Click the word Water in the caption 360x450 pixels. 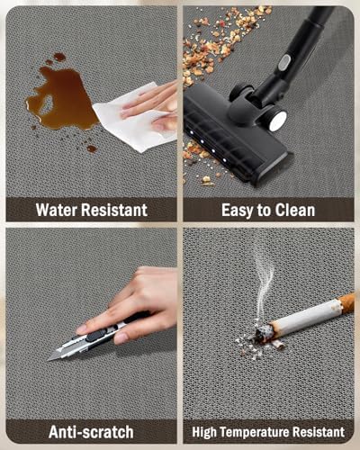[57, 210]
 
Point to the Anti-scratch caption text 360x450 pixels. [91, 432]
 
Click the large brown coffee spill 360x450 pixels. [64, 97]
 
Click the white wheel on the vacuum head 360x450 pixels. [276, 119]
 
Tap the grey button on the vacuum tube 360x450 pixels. [283, 62]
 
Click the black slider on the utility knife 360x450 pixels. [96, 335]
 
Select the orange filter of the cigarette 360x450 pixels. [347, 302]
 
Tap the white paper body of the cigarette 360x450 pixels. [307, 318]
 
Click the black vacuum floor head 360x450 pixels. [232, 133]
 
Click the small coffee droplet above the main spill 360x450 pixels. [59, 57]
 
